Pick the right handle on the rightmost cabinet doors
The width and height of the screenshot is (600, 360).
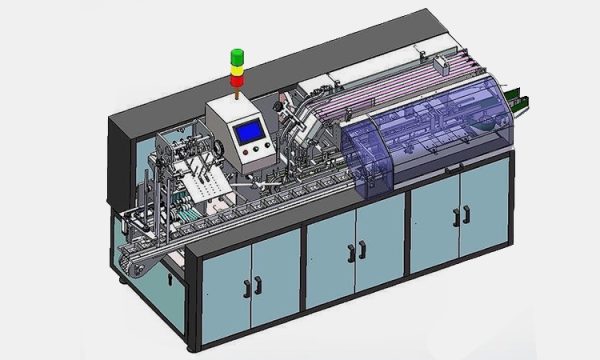(x=468, y=214)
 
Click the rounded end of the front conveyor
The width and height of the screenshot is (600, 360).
(x=127, y=265)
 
